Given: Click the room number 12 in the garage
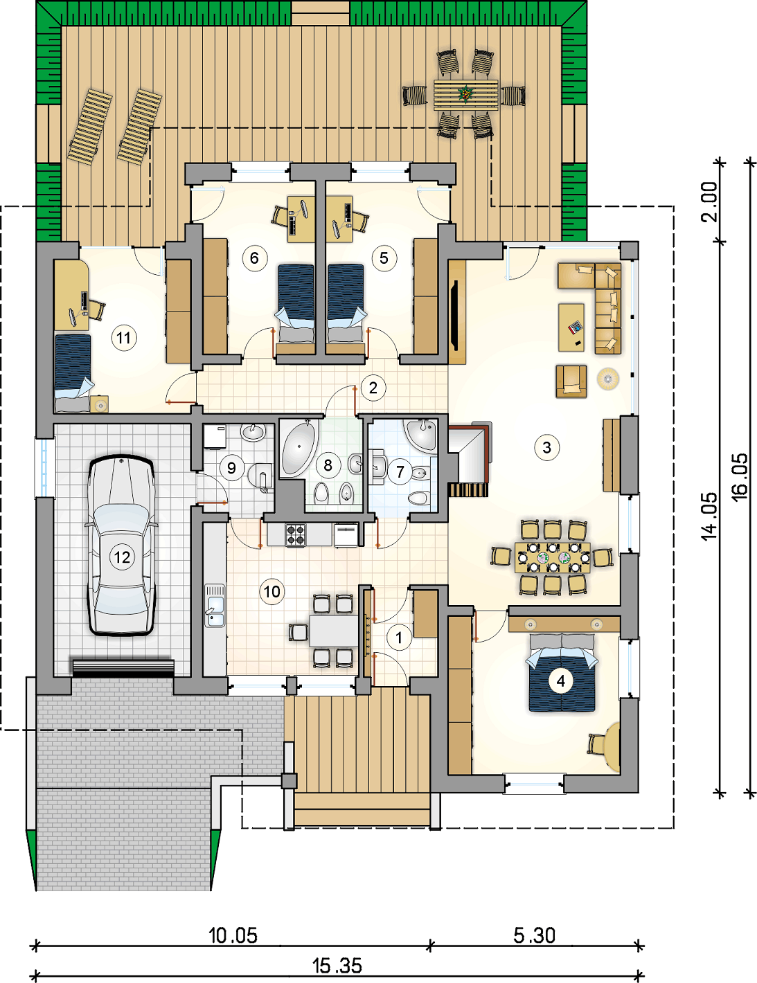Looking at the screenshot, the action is pyautogui.click(x=122, y=557).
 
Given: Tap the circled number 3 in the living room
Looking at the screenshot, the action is pyautogui.click(x=546, y=447).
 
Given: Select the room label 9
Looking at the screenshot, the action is pyautogui.click(x=231, y=468).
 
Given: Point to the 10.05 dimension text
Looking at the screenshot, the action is pyautogui.click(x=233, y=935).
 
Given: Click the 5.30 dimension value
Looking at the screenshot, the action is pyautogui.click(x=535, y=935).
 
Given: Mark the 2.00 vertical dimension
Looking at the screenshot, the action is pyautogui.click(x=709, y=201).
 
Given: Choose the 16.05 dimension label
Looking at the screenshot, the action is pyautogui.click(x=740, y=477).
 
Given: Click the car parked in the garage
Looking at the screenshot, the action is pyautogui.click(x=122, y=545).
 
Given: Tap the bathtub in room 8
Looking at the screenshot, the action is pyautogui.click(x=299, y=447).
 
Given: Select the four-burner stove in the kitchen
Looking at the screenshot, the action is pyautogui.click(x=296, y=534).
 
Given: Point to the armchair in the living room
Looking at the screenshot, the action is pyautogui.click(x=571, y=381).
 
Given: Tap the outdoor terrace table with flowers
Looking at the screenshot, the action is pyautogui.click(x=465, y=95).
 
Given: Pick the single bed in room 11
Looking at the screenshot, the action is pyautogui.click(x=73, y=373).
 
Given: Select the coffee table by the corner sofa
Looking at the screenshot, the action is pyautogui.click(x=571, y=327).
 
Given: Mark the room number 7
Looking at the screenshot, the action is pyautogui.click(x=400, y=472).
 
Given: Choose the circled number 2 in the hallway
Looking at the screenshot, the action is pyautogui.click(x=373, y=388).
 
